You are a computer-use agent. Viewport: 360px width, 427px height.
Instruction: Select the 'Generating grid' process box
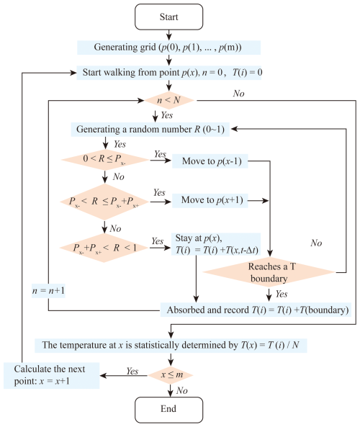point(168,48)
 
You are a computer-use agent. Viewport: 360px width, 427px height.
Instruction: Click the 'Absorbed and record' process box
point(256,310)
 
